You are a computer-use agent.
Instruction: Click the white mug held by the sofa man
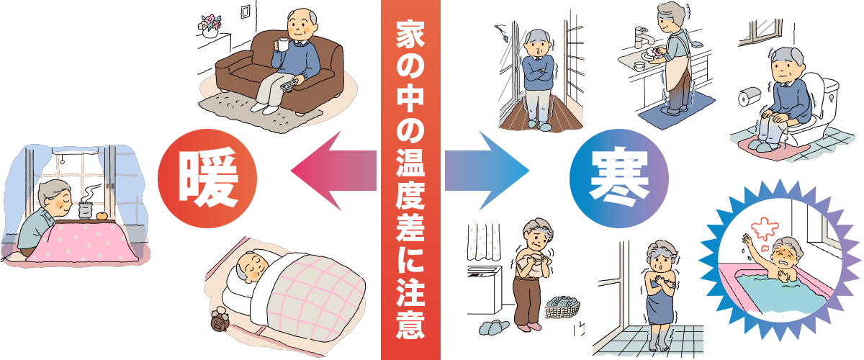pos(283,45)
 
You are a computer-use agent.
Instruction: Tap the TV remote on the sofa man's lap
pos(290,84)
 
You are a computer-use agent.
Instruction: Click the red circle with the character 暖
pos(207,179)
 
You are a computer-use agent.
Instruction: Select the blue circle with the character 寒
pos(618,179)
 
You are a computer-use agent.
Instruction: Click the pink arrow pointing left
pos(333,171)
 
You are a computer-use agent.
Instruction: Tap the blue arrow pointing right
pos(487,171)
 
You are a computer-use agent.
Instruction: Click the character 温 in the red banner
pos(410,163)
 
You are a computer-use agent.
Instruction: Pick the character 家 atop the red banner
pos(410,35)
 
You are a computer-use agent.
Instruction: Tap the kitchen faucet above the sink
pos(644,36)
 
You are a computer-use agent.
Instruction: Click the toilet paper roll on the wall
pos(749,97)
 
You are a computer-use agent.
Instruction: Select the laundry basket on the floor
pos(562,307)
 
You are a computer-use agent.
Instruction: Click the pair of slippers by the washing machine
pos(494,327)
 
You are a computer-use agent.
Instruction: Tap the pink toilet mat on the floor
pos(765,149)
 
